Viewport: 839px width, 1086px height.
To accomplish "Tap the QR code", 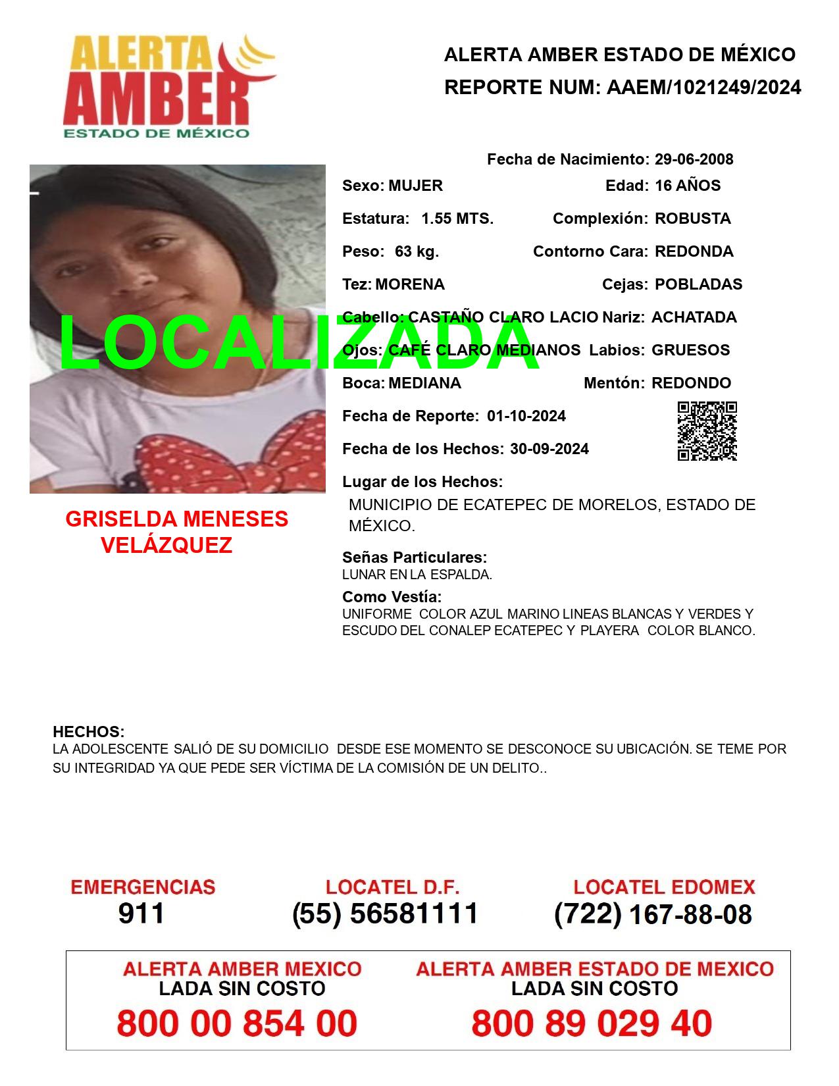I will (x=707, y=431).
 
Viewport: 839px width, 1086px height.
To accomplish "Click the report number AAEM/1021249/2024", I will (x=703, y=88).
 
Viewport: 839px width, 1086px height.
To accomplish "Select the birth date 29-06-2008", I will (x=694, y=159).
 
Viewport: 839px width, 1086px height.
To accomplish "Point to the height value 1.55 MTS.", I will (x=457, y=219).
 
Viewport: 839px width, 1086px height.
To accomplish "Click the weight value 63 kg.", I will (x=417, y=251).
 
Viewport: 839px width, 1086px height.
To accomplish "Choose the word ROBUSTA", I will (x=692, y=219).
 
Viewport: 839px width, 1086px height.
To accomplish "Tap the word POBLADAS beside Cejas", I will (x=698, y=284).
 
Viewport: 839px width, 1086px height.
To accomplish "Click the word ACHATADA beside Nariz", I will (x=694, y=317).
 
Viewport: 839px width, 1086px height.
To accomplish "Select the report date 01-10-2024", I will (x=526, y=416).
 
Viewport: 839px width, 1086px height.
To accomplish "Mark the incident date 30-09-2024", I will (x=549, y=449).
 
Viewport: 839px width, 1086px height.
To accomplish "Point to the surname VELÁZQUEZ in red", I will (x=166, y=545).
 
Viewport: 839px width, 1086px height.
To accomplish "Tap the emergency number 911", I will (x=141, y=914).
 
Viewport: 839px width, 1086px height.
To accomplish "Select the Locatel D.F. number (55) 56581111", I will (x=385, y=914).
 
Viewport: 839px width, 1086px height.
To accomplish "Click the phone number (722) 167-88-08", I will (x=653, y=914).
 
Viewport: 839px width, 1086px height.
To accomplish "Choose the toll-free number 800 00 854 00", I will (x=237, y=1023).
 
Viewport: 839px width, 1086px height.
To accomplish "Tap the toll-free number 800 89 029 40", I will (x=592, y=1023).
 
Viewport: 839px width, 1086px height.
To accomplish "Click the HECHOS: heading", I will (x=88, y=732).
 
